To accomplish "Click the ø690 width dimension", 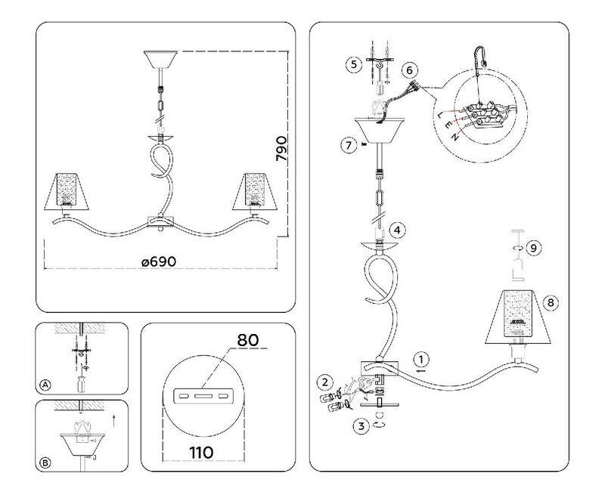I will tap(159, 261).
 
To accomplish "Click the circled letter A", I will tap(45, 385).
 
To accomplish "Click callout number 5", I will tap(353, 64).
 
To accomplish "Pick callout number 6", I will tap(410, 70).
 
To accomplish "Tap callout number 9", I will tap(533, 248).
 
